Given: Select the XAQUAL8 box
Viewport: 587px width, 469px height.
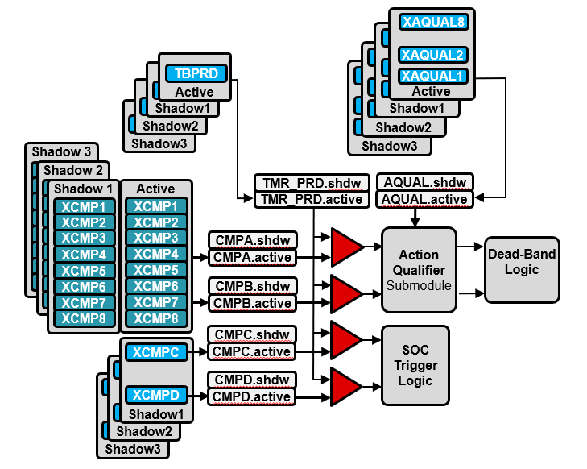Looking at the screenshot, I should (x=432, y=23).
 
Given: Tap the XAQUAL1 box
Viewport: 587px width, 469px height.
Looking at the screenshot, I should (x=432, y=76).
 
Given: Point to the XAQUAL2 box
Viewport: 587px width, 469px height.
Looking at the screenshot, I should (x=432, y=55).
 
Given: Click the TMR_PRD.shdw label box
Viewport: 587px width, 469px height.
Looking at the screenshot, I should (x=312, y=182).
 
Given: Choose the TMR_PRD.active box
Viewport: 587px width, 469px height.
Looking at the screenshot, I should (x=312, y=198).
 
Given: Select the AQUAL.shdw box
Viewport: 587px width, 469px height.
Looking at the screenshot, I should (x=425, y=182).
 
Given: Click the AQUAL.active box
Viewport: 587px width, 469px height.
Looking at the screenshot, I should (x=425, y=198).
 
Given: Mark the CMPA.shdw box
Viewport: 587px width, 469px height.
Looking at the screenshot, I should (x=251, y=240).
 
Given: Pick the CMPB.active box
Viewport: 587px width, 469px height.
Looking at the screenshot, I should (x=251, y=303).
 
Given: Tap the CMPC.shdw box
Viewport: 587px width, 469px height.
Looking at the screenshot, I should (x=251, y=334).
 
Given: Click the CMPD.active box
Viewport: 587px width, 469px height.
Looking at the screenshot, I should (x=251, y=396).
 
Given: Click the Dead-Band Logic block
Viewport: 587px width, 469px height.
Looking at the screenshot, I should (x=521, y=262).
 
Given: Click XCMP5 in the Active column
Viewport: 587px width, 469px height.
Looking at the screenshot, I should (x=155, y=270).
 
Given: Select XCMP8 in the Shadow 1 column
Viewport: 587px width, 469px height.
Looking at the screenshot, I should (x=85, y=318).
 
